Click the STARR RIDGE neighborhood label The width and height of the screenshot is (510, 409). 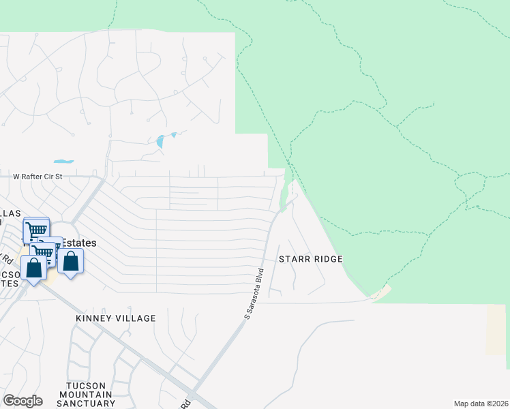click(x=310, y=259)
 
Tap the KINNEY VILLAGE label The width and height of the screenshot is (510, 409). click(x=116, y=318)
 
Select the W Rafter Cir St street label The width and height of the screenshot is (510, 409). click(x=37, y=176)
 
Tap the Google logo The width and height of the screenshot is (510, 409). click(x=22, y=401)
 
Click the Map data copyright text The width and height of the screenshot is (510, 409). click(x=480, y=404)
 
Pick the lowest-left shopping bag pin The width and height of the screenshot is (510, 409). click(x=33, y=267)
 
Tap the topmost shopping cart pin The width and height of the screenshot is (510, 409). click(x=36, y=228)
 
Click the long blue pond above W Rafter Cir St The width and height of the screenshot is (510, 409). click(x=63, y=162)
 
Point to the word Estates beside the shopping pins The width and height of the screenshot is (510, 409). click(x=80, y=243)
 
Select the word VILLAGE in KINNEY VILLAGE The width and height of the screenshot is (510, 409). click(x=136, y=318)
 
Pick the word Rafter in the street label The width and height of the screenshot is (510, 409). click(x=34, y=176)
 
